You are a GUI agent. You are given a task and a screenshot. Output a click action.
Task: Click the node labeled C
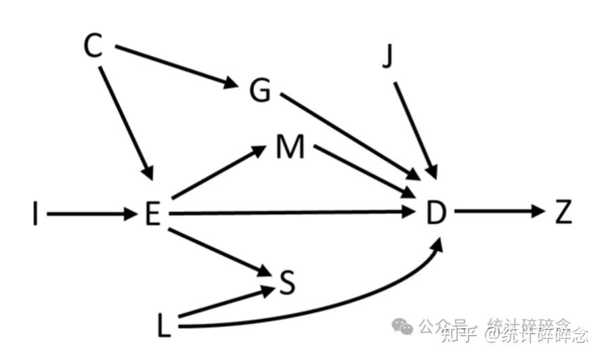pyautogui.click(x=93, y=46)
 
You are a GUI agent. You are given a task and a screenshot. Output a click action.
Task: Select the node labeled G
pyautogui.click(x=259, y=91)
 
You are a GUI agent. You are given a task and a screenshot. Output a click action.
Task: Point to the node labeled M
pyautogui.click(x=290, y=147)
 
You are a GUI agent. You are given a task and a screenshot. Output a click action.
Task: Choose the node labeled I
pyautogui.click(x=35, y=215)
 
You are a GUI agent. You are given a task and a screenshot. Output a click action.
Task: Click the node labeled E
pyautogui.click(x=152, y=215)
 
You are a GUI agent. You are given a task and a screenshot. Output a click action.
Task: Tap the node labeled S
pyautogui.click(x=287, y=284)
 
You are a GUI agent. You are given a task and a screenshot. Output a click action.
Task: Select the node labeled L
pyautogui.click(x=165, y=328)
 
